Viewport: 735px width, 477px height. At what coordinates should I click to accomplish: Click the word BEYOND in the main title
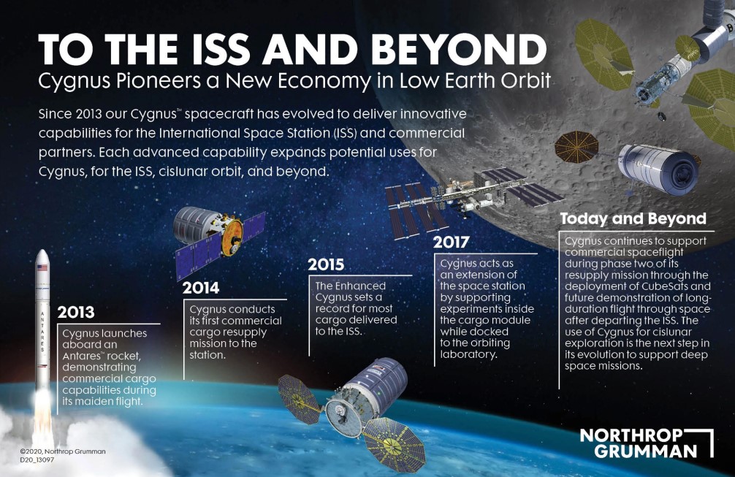pyautogui.click(x=461, y=49)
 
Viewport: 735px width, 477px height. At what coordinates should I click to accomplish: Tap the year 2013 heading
pyautogui.click(x=76, y=312)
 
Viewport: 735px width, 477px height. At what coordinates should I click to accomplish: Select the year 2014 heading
pyautogui.click(x=201, y=288)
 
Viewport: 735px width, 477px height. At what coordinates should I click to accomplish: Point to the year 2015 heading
pyautogui.click(x=326, y=264)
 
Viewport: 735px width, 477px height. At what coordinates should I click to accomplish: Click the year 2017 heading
pyautogui.click(x=451, y=242)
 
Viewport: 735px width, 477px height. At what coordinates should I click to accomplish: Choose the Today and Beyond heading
pyautogui.click(x=633, y=218)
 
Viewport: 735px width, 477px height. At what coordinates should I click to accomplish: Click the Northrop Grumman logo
pyautogui.click(x=647, y=443)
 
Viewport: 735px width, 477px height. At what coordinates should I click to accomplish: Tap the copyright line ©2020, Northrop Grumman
pyautogui.click(x=63, y=451)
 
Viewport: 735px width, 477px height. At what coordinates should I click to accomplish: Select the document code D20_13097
pyautogui.click(x=37, y=460)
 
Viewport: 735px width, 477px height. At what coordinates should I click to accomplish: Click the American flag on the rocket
pyautogui.click(x=42, y=268)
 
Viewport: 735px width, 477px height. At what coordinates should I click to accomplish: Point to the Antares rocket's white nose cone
pyautogui.click(x=42, y=256)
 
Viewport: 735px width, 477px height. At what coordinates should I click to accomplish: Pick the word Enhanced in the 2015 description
pyautogui.click(x=362, y=286)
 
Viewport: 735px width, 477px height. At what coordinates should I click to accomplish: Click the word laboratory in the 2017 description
pyautogui.click(x=468, y=354)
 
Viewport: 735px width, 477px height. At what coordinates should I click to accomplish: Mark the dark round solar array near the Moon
pyautogui.click(x=576, y=147)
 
